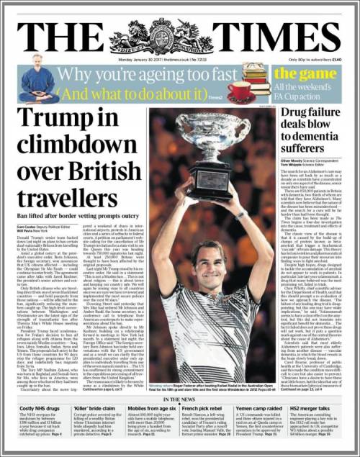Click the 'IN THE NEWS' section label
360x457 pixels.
tap(181, 399)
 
